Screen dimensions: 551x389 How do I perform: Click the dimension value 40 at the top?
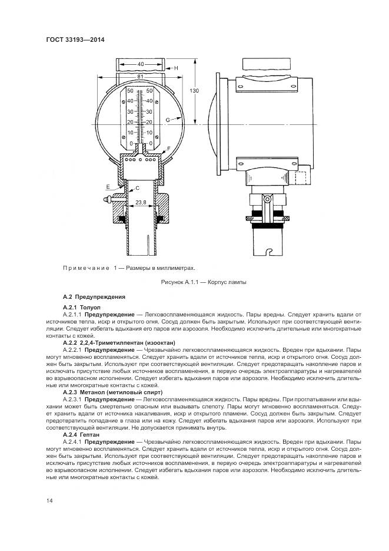(x=141, y=64)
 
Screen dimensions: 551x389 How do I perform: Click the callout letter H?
(x=175, y=68)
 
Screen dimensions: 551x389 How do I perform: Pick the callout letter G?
(x=168, y=120)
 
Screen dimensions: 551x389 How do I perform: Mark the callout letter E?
(x=108, y=187)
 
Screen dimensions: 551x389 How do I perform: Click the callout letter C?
(x=137, y=187)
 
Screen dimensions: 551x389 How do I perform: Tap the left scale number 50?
(x=131, y=91)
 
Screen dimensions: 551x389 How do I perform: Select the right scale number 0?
(x=151, y=143)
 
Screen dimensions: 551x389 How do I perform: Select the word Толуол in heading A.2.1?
(x=91, y=307)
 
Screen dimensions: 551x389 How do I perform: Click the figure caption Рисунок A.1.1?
(x=204, y=282)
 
